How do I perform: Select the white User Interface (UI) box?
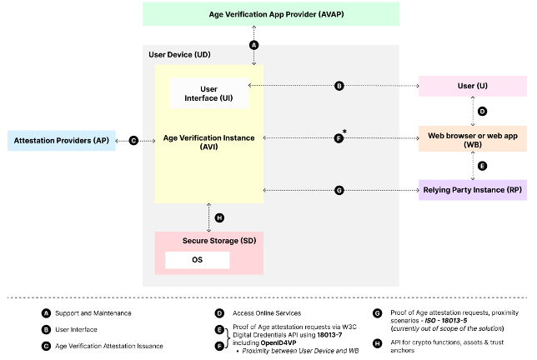point(209,93)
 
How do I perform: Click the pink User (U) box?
point(472,85)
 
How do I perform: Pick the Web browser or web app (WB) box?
point(472,137)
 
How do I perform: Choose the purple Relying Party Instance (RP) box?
point(472,191)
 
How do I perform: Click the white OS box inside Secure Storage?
point(197,261)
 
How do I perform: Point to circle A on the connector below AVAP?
point(253,44)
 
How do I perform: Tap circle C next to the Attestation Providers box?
point(133,141)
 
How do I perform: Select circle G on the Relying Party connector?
point(339,191)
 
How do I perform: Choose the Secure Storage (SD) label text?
point(218,240)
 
